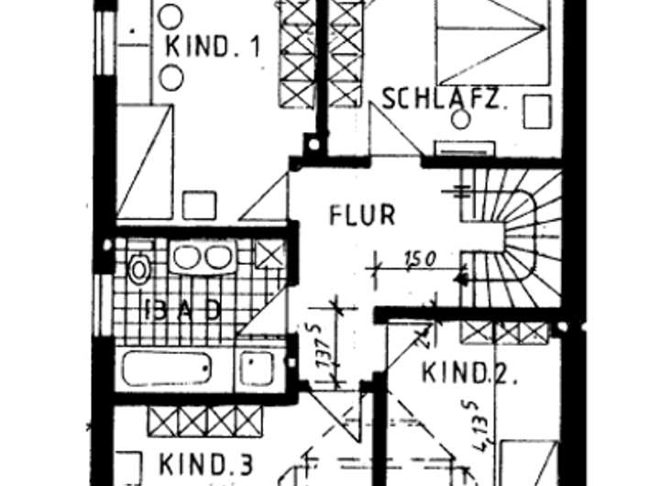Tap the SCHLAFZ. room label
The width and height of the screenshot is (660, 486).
point(444,99)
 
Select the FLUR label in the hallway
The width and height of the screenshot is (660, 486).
point(362,215)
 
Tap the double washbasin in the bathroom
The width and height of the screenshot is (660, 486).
point(202,258)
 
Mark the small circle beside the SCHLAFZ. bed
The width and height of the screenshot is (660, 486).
point(461,118)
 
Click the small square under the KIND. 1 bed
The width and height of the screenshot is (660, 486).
point(199,204)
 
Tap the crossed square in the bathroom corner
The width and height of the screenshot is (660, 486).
point(269,253)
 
